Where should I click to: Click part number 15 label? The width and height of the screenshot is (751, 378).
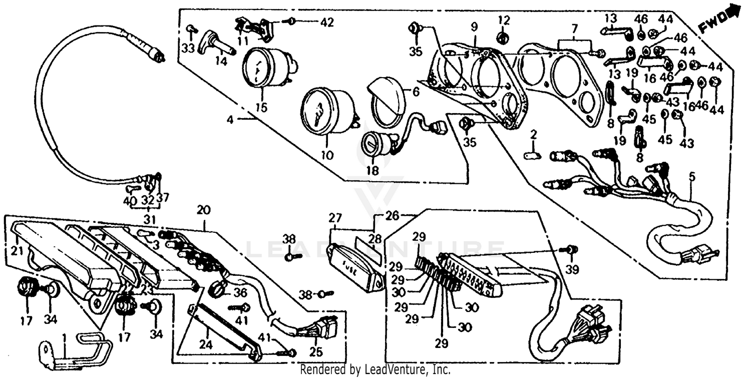click(x=261, y=108)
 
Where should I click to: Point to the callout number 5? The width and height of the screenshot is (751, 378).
click(x=692, y=176)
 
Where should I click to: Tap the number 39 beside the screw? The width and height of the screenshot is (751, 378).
click(x=572, y=269)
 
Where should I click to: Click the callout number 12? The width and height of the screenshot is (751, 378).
click(x=504, y=21)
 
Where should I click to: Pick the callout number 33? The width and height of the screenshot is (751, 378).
click(x=187, y=49)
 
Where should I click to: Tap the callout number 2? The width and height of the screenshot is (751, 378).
click(x=534, y=134)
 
